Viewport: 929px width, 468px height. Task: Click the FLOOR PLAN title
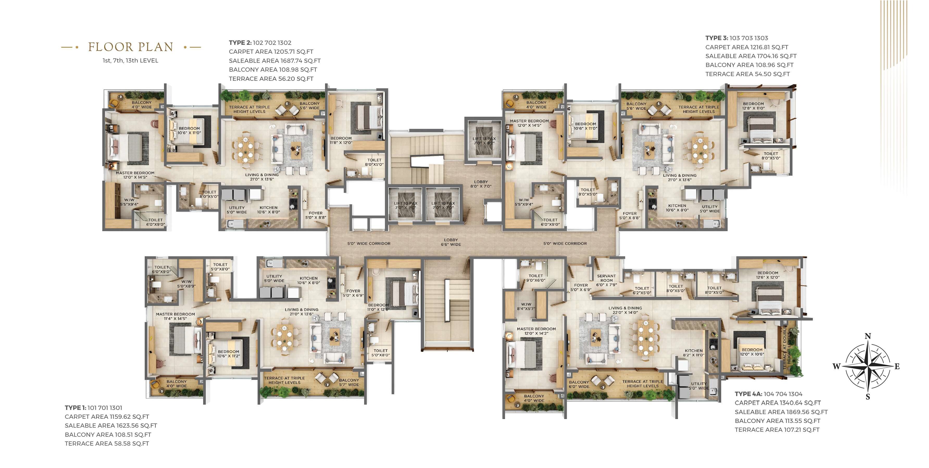pyautogui.click(x=130, y=47)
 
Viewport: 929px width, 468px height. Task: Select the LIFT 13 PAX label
pyautogui.click(x=484, y=141)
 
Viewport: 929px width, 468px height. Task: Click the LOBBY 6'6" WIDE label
pyautogui.click(x=451, y=242)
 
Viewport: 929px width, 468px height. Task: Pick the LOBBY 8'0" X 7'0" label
pyautogui.click(x=481, y=184)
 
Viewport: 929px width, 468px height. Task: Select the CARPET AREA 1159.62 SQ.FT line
pyautogui.click(x=107, y=416)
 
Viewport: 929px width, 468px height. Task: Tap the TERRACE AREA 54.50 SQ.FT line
pyautogui.click(x=747, y=74)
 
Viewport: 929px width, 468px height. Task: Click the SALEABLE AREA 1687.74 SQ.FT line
pyautogui.click(x=275, y=61)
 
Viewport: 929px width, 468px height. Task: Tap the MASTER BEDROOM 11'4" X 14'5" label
pyautogui.click(x=175, y=316)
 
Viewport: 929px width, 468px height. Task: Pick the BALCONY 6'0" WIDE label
pyautogui.click(x=578, y=384)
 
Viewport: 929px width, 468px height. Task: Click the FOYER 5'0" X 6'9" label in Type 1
pyautogui.click(x=353, y=293)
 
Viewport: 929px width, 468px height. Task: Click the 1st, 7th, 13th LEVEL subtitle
pyautogui.click(x=130, y=61)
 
